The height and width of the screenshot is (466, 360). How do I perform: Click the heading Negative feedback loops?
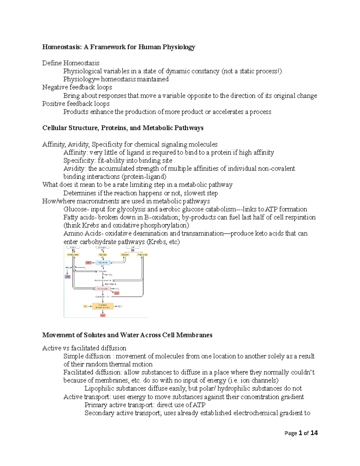[x=77, y=87]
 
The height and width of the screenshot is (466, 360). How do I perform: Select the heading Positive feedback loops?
[x=76, y=104]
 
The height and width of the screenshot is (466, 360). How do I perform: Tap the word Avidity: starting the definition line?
[x=75, y=169]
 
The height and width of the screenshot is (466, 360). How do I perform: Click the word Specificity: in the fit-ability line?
[x=80, y=161]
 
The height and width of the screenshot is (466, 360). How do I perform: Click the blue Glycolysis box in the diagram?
[x=103, y=263]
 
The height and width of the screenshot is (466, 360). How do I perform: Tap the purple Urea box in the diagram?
[x=68, y=277]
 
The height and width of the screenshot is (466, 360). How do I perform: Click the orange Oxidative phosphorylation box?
[x=103, y=306]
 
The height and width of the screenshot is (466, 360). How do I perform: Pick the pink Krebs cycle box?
[x=102, y=289]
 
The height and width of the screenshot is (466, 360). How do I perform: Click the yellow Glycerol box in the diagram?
[x=125, y=254]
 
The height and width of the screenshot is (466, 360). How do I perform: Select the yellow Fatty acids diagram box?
[x=142, y=254]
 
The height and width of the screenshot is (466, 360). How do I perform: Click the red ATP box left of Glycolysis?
[x=88, y=263]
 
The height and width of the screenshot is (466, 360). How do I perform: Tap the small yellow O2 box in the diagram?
[x=85, y=306]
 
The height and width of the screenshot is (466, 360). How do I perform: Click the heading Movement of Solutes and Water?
[x=127, y=335]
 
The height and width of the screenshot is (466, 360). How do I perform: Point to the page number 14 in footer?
[x=314, y=433]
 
